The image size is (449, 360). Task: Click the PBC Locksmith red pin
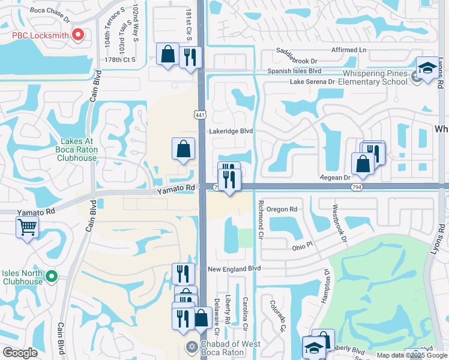(x=77, y=35)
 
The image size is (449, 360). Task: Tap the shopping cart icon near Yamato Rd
(x=28, y=227)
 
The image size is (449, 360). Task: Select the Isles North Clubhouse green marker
(x=52, y=276)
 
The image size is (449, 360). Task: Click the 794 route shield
(x=356, y=187)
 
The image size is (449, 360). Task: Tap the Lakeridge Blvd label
(x=231, y=131)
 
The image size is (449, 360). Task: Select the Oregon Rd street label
(x=282, y=209)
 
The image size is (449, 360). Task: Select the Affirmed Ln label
(x=348, y=50)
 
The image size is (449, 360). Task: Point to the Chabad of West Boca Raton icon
(x=192, y=346)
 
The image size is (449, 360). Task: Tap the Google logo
(x=20, y=353)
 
